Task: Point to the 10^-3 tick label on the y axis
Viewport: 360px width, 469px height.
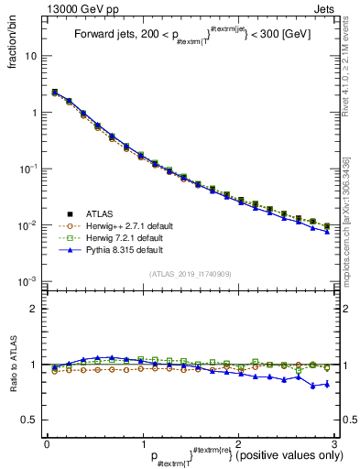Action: tap(27, 281)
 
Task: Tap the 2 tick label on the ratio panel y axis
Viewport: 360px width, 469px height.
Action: tap(35, 309)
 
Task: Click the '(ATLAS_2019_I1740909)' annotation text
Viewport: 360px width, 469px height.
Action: tap(191, 274)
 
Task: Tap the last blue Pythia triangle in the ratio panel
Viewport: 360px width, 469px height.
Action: tap(327, 384)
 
